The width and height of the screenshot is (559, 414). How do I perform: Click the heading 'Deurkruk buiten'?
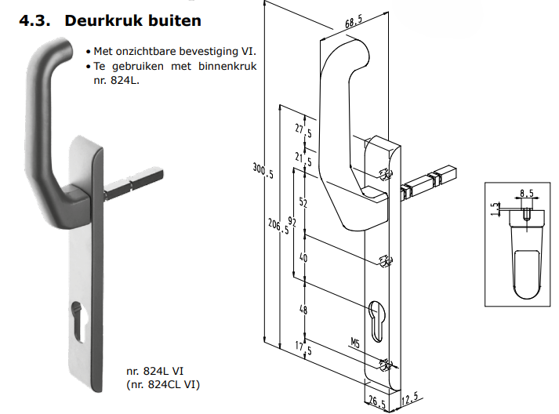tap(132, 20)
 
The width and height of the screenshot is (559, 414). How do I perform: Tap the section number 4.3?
tap(36, 20)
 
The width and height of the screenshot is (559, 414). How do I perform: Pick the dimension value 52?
tap(303, 203)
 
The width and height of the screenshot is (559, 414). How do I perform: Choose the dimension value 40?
tap(303, 259)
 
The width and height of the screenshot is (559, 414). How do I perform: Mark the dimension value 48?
tap(303, 309)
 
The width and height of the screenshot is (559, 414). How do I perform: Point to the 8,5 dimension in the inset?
tap(526, 192)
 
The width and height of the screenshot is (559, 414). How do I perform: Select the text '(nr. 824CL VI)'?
tap(162, 384)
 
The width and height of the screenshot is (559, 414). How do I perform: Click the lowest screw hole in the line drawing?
tap(384, 364)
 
